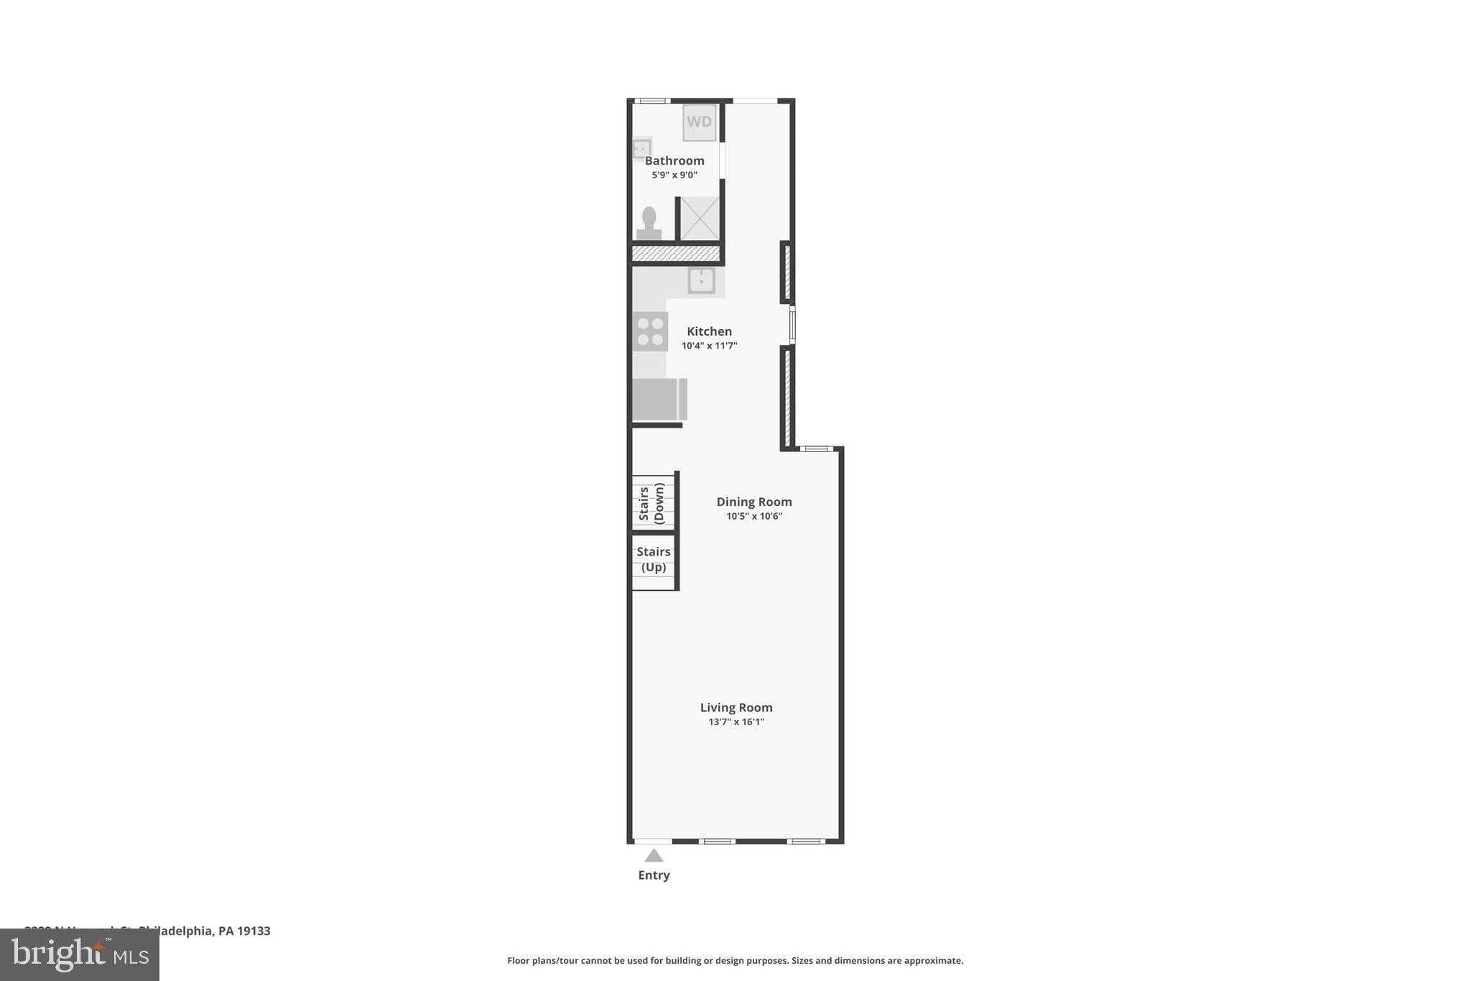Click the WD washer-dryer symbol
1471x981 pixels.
(699, 121)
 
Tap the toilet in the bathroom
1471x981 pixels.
(649, 224)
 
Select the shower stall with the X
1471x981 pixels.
(700, 218)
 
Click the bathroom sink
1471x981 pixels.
(641, 149)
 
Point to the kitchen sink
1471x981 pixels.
(701, 280)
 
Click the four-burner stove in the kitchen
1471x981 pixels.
(650, 331)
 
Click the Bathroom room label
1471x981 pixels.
(674, 161)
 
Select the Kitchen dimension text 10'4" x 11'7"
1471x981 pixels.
(709, 346)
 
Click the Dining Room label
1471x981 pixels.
(753, 502)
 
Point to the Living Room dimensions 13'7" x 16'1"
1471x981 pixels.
(736, 722)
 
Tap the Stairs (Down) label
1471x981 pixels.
(651, 503)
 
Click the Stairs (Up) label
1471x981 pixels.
(654, 559)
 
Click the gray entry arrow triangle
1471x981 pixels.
(654, 855)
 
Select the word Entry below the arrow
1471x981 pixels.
(654, 875)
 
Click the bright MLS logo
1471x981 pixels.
(80, 954)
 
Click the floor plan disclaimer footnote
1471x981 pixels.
(735, 960)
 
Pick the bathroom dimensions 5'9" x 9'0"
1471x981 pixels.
(674, 175)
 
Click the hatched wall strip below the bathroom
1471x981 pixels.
(675, 254)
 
